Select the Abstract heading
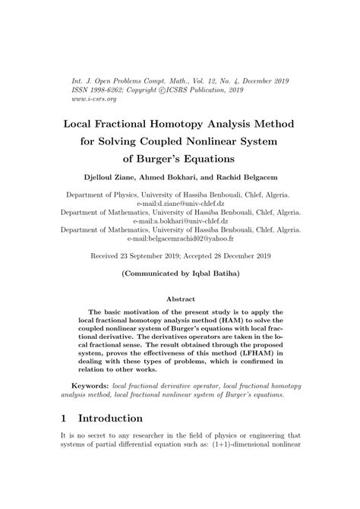tap(180, 299)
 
